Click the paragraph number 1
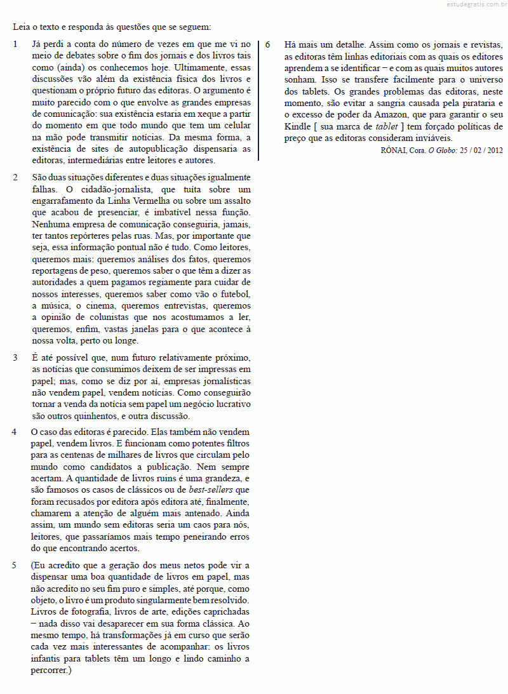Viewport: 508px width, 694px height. click(x=15, y=44)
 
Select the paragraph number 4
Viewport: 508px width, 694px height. click(x=15, y=432)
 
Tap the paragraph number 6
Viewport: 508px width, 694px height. click(x=268, y=44)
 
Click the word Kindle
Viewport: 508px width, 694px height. click(x=298, y=126)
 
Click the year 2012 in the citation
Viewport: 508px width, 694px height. click(x=493, y=150)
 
